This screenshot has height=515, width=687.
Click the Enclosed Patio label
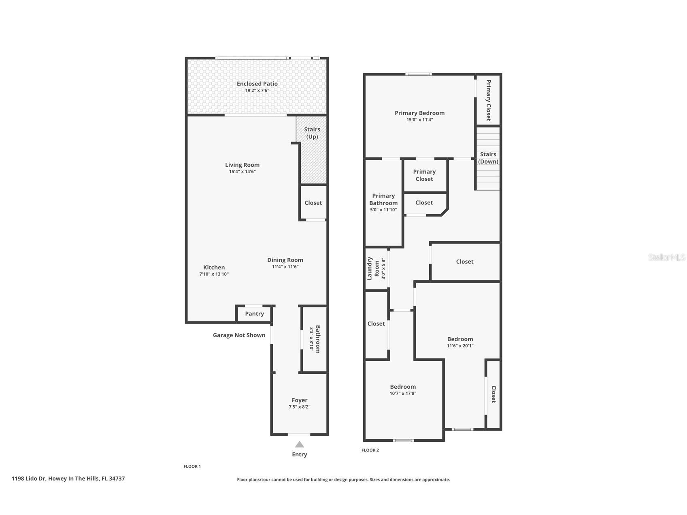(257, 84)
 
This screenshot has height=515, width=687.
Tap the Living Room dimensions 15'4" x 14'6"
(242, 172)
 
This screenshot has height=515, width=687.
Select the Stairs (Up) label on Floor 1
(312, 133)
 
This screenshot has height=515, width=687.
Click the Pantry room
(254, 314)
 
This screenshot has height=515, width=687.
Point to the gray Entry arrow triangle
(299, 445)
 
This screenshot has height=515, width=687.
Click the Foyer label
(300, 400)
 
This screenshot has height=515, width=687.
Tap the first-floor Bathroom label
(318, 339)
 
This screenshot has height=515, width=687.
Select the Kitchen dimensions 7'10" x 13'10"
(214, 274)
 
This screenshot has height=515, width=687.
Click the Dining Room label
(285, 260)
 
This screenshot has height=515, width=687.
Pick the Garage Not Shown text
(239, 335)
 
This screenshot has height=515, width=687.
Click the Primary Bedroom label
(419, 113)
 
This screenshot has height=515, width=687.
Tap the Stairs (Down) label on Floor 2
(488, 158)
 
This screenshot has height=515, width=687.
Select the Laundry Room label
(373, 268)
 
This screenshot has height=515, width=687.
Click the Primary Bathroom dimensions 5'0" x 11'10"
(383, 210)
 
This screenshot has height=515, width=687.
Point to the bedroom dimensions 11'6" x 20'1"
(460, 346)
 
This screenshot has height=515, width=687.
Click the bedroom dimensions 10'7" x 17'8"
(403, 393)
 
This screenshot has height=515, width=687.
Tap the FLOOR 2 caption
(370, 450)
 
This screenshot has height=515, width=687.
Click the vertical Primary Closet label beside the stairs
(488, 100)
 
